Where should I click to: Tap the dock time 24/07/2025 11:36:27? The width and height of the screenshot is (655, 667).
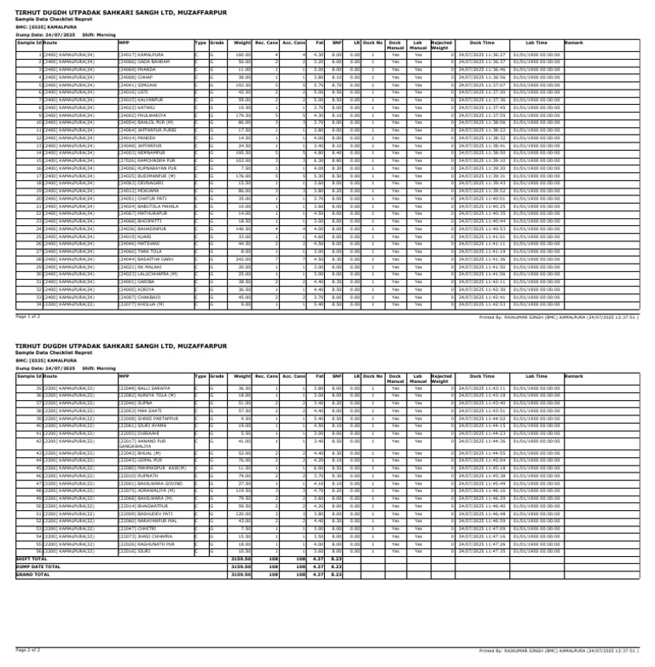tap(482, 55)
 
